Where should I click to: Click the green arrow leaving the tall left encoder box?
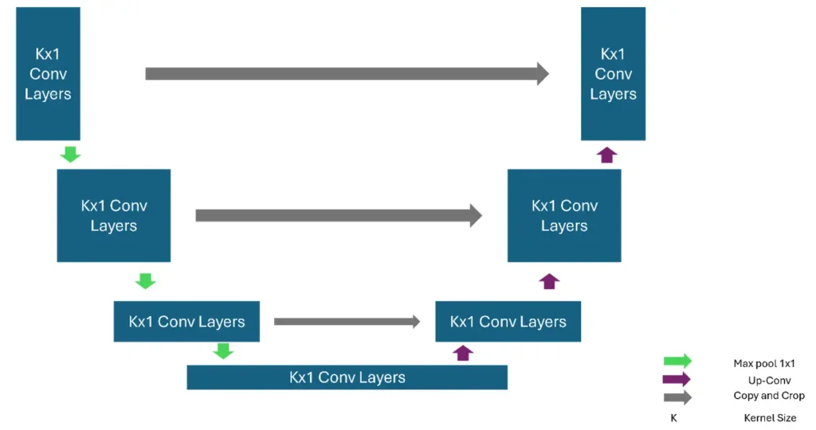71,154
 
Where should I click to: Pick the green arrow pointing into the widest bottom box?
224,350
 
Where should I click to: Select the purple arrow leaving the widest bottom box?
463,352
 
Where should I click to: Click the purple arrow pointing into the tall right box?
608,154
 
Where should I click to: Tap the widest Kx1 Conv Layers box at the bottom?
347,377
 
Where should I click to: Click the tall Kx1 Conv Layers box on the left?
48,74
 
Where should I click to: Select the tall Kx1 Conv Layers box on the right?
613,74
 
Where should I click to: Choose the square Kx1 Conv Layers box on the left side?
113,216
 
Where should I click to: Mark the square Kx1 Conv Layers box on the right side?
564,216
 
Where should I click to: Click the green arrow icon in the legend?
677,362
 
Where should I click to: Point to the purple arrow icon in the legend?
677,380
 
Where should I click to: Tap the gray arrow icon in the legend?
677,397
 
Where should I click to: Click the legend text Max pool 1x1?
764,364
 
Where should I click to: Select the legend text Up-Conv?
764,381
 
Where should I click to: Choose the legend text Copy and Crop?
769,396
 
